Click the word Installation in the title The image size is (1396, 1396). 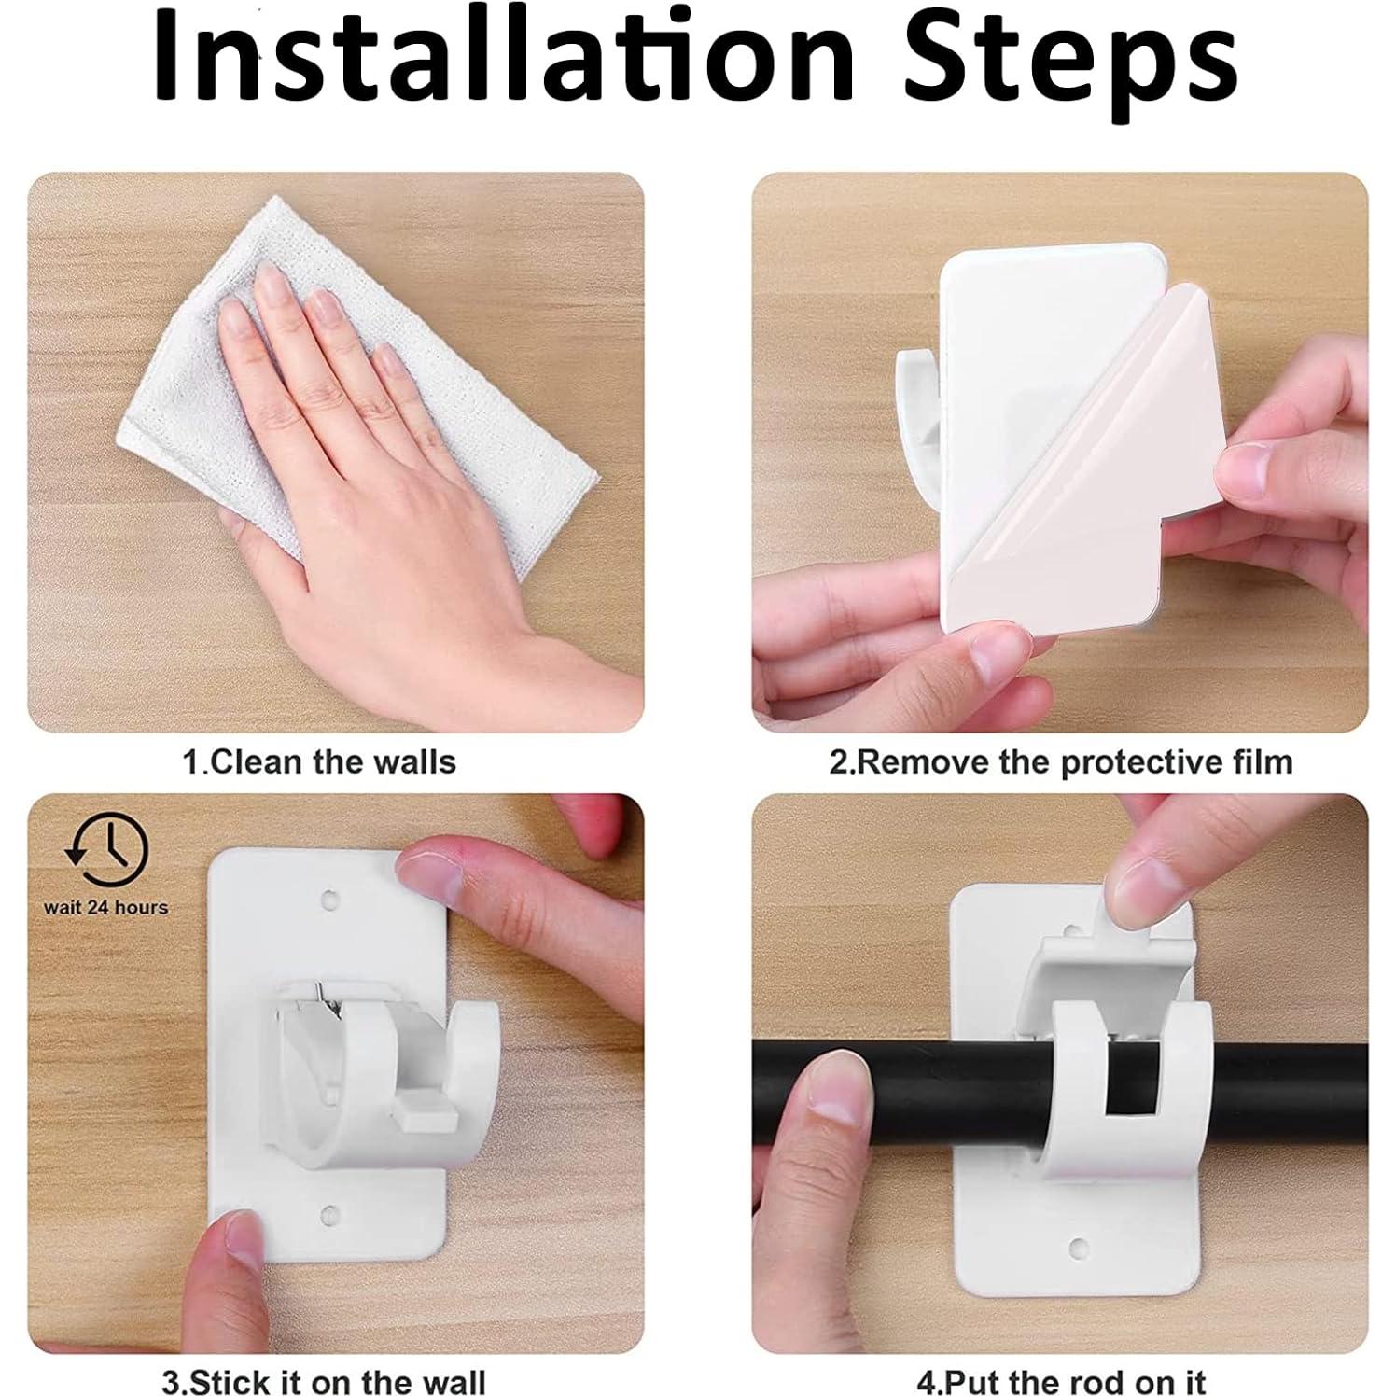coord(505,58)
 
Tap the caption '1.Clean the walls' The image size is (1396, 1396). coord(319,761)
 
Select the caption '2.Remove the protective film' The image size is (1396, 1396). coord(1061,761)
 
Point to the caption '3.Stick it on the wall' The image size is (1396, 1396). coord(324,1380)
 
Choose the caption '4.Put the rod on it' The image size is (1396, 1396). coord(1062,1380)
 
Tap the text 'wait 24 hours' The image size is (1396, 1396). coord(106,907)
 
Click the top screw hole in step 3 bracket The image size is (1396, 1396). coord(329,900)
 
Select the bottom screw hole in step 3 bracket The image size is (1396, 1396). coord(329,1214)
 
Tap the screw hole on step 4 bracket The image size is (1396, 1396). coord(1079,1248)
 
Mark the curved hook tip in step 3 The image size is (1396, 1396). coord(467,1036)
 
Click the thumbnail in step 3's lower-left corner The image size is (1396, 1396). coord(230,1240)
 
